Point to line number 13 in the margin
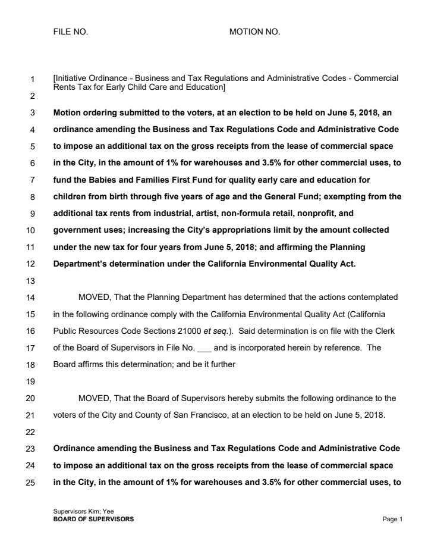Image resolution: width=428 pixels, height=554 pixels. tap(33, 281)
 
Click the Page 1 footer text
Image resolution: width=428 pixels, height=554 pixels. tap(393, 519)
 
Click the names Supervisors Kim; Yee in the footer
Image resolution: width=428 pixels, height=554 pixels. tap(80, 512)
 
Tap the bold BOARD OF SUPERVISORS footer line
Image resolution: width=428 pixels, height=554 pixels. tap(93, 519)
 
